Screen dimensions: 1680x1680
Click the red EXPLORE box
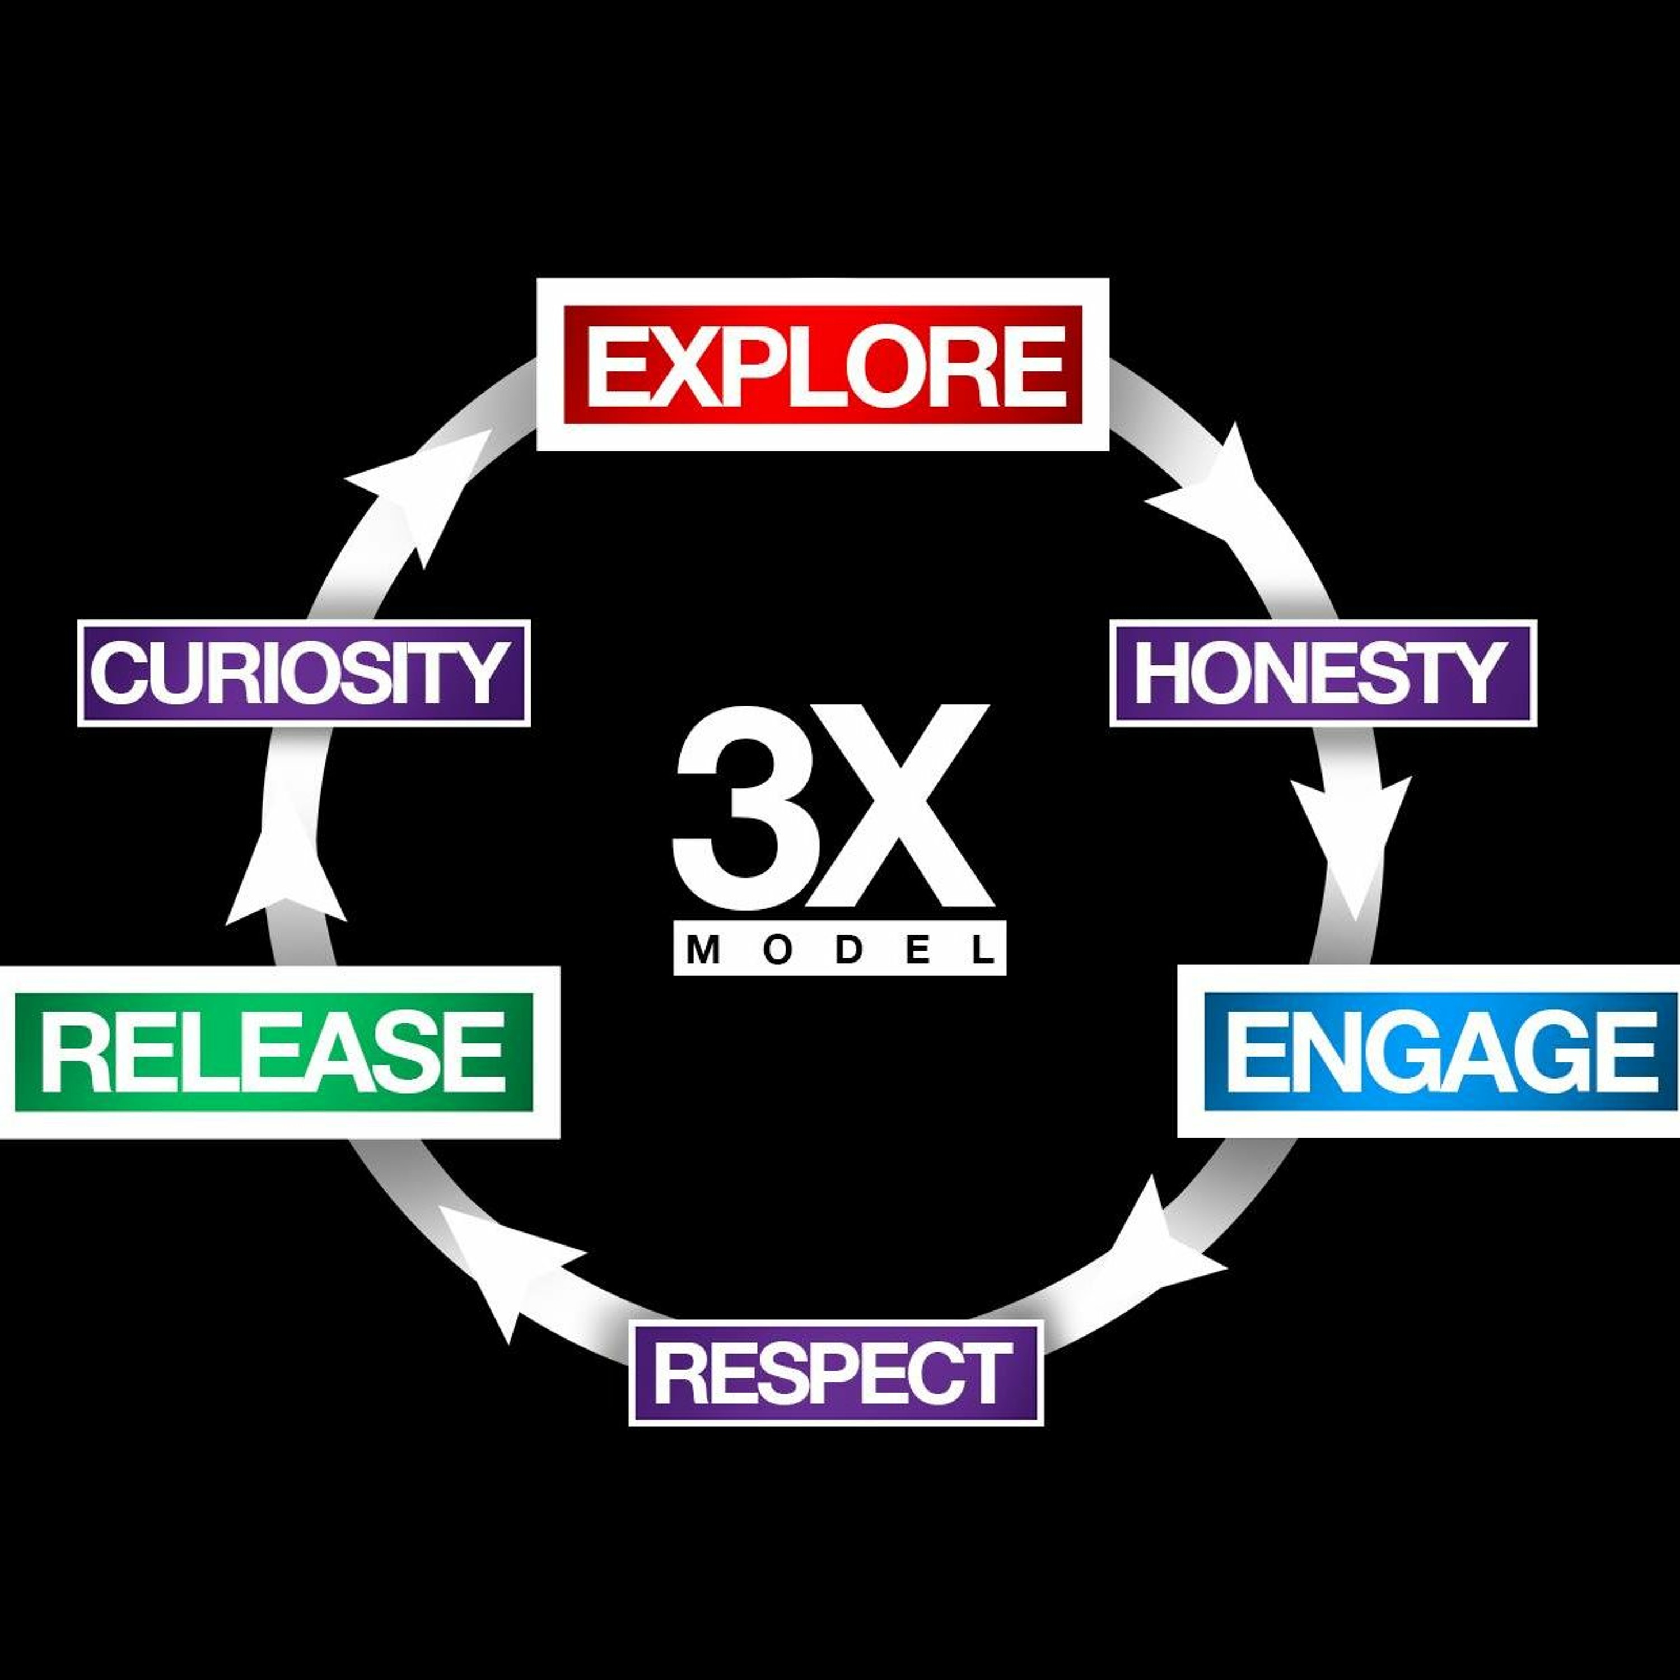[x=823, y=365]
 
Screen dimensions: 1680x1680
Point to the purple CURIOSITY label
[x=304, y=673]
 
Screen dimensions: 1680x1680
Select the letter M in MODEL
[x=703, y=950]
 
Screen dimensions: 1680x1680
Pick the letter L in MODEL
[x=983, y=950]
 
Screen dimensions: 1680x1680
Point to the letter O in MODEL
[x=777, y=950]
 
